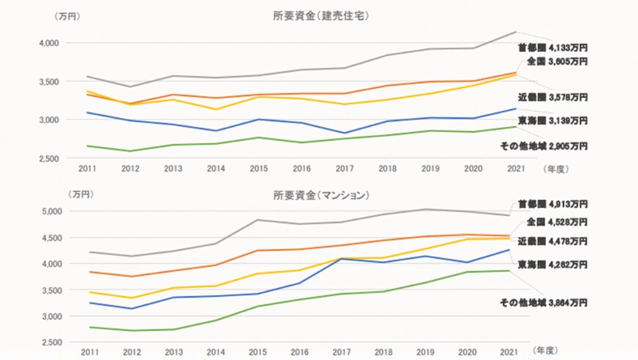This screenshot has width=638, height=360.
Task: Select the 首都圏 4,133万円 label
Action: click(552, 48)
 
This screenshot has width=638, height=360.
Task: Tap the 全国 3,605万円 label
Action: click(557, 62)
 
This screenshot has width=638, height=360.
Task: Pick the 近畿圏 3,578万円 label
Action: click(552, 97)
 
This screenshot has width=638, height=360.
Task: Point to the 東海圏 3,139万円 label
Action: click(552, 120)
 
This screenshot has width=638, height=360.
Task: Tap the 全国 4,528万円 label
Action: click(557, 221)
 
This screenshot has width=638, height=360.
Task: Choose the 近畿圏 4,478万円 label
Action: click(552, 240)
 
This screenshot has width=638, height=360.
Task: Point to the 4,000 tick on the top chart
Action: click(48, 43)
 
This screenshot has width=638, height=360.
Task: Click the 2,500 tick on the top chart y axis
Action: click(48, 158)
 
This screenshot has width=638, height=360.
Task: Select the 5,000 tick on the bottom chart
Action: click(48, 211)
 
